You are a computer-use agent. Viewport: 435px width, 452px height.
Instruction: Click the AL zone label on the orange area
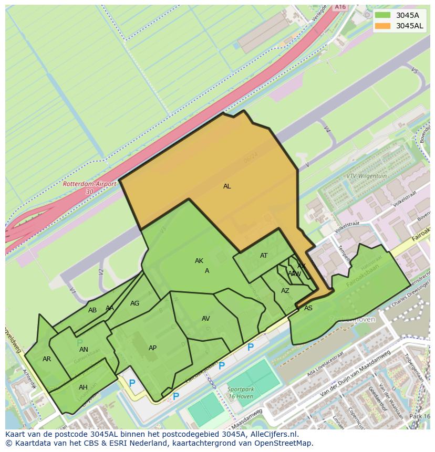tap(227, 186)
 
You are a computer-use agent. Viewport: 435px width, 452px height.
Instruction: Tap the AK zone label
tap(199, 261)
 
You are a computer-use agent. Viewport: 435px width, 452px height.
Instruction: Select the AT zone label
tap(264, 256)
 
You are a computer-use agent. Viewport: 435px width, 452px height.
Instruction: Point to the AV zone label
tap(206, 319)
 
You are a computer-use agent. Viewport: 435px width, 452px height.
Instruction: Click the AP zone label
tap(152, 348)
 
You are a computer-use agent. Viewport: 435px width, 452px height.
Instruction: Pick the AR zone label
tap(47, 359)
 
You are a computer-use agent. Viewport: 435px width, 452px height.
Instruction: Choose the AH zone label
tap(83, 387)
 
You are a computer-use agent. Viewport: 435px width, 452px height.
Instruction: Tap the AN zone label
tap(84, 350)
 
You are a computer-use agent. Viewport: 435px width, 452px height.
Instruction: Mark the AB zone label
tap(92, 310)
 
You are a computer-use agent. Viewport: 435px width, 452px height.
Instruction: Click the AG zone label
tap(135, 303)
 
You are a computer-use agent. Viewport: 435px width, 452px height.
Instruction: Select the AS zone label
tap(308, 308)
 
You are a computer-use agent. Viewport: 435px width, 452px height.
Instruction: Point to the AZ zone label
tap(285, 291)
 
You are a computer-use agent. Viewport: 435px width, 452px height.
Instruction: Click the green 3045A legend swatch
tap(383, 15)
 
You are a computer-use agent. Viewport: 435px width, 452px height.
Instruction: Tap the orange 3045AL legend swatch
tap(383, 26)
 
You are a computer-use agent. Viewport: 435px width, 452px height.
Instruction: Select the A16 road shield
tap(340, 7)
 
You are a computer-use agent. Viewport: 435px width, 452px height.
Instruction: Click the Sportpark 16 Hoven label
tap(241, 393)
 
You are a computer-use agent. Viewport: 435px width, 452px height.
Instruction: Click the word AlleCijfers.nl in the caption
tap(273, 434)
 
